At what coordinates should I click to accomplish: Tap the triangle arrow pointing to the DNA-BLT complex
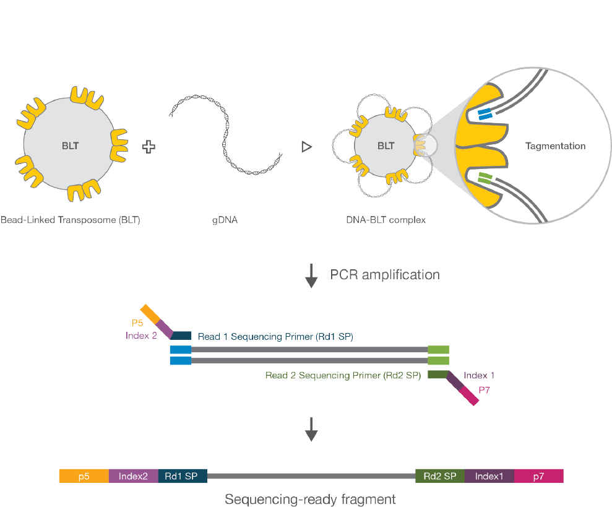pyautogui.click(x=305, y=147)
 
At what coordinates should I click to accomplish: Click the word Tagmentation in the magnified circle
pyautogui.click(x=555, y=146)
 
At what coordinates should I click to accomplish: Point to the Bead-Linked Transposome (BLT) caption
pyautogui.click(x=71, y=219)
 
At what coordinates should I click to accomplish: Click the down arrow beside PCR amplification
pyautogui.click(x=311, y=277)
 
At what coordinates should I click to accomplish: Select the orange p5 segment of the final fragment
pyautogui.click(x=84, y=476)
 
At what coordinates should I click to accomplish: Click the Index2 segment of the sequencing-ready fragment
pyautogui.click(x=133, y=476)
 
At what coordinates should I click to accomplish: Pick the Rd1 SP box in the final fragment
pyautogui.click(x=182, y=476)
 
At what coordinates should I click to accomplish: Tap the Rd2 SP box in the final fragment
pyautogui.click(x=439, y=476)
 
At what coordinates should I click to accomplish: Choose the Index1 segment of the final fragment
pyautogui.click(x=489, y=476)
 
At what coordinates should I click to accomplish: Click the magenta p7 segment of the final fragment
pyautogui.click(x=538, y=476)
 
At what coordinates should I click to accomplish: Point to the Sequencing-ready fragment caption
pyautogui.click(x=310, y=499)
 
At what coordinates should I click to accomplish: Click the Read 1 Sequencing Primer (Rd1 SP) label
pyautogui.click(x=275, y=336)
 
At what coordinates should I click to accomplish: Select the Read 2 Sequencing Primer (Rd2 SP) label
pyautogui.click(x=343, y=375)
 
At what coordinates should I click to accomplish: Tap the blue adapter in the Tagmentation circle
pyautogui.click(x=484, y=114)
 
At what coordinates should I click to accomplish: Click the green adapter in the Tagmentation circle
pyautogui.click(x=485, y=180)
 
